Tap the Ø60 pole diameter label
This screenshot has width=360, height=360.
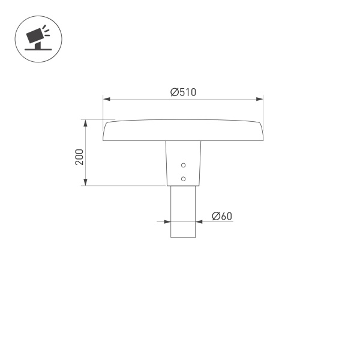tap(222, 216)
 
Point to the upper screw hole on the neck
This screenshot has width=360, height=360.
tap(184, 165)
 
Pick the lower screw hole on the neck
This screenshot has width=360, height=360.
tap(184, 178)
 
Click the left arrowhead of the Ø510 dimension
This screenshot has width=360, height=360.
tap(107, 98)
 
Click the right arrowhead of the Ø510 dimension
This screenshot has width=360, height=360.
tap(260, 98)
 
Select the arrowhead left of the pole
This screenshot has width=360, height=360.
tap(167, 222)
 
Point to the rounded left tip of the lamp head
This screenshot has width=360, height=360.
tap(106, 131)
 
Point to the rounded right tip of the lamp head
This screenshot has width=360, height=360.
tap(261, 131)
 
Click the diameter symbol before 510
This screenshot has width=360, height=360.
tap(174, 92)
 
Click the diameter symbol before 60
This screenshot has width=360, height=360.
tap(216, 216)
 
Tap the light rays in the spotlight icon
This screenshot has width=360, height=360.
tap(46, 31)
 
